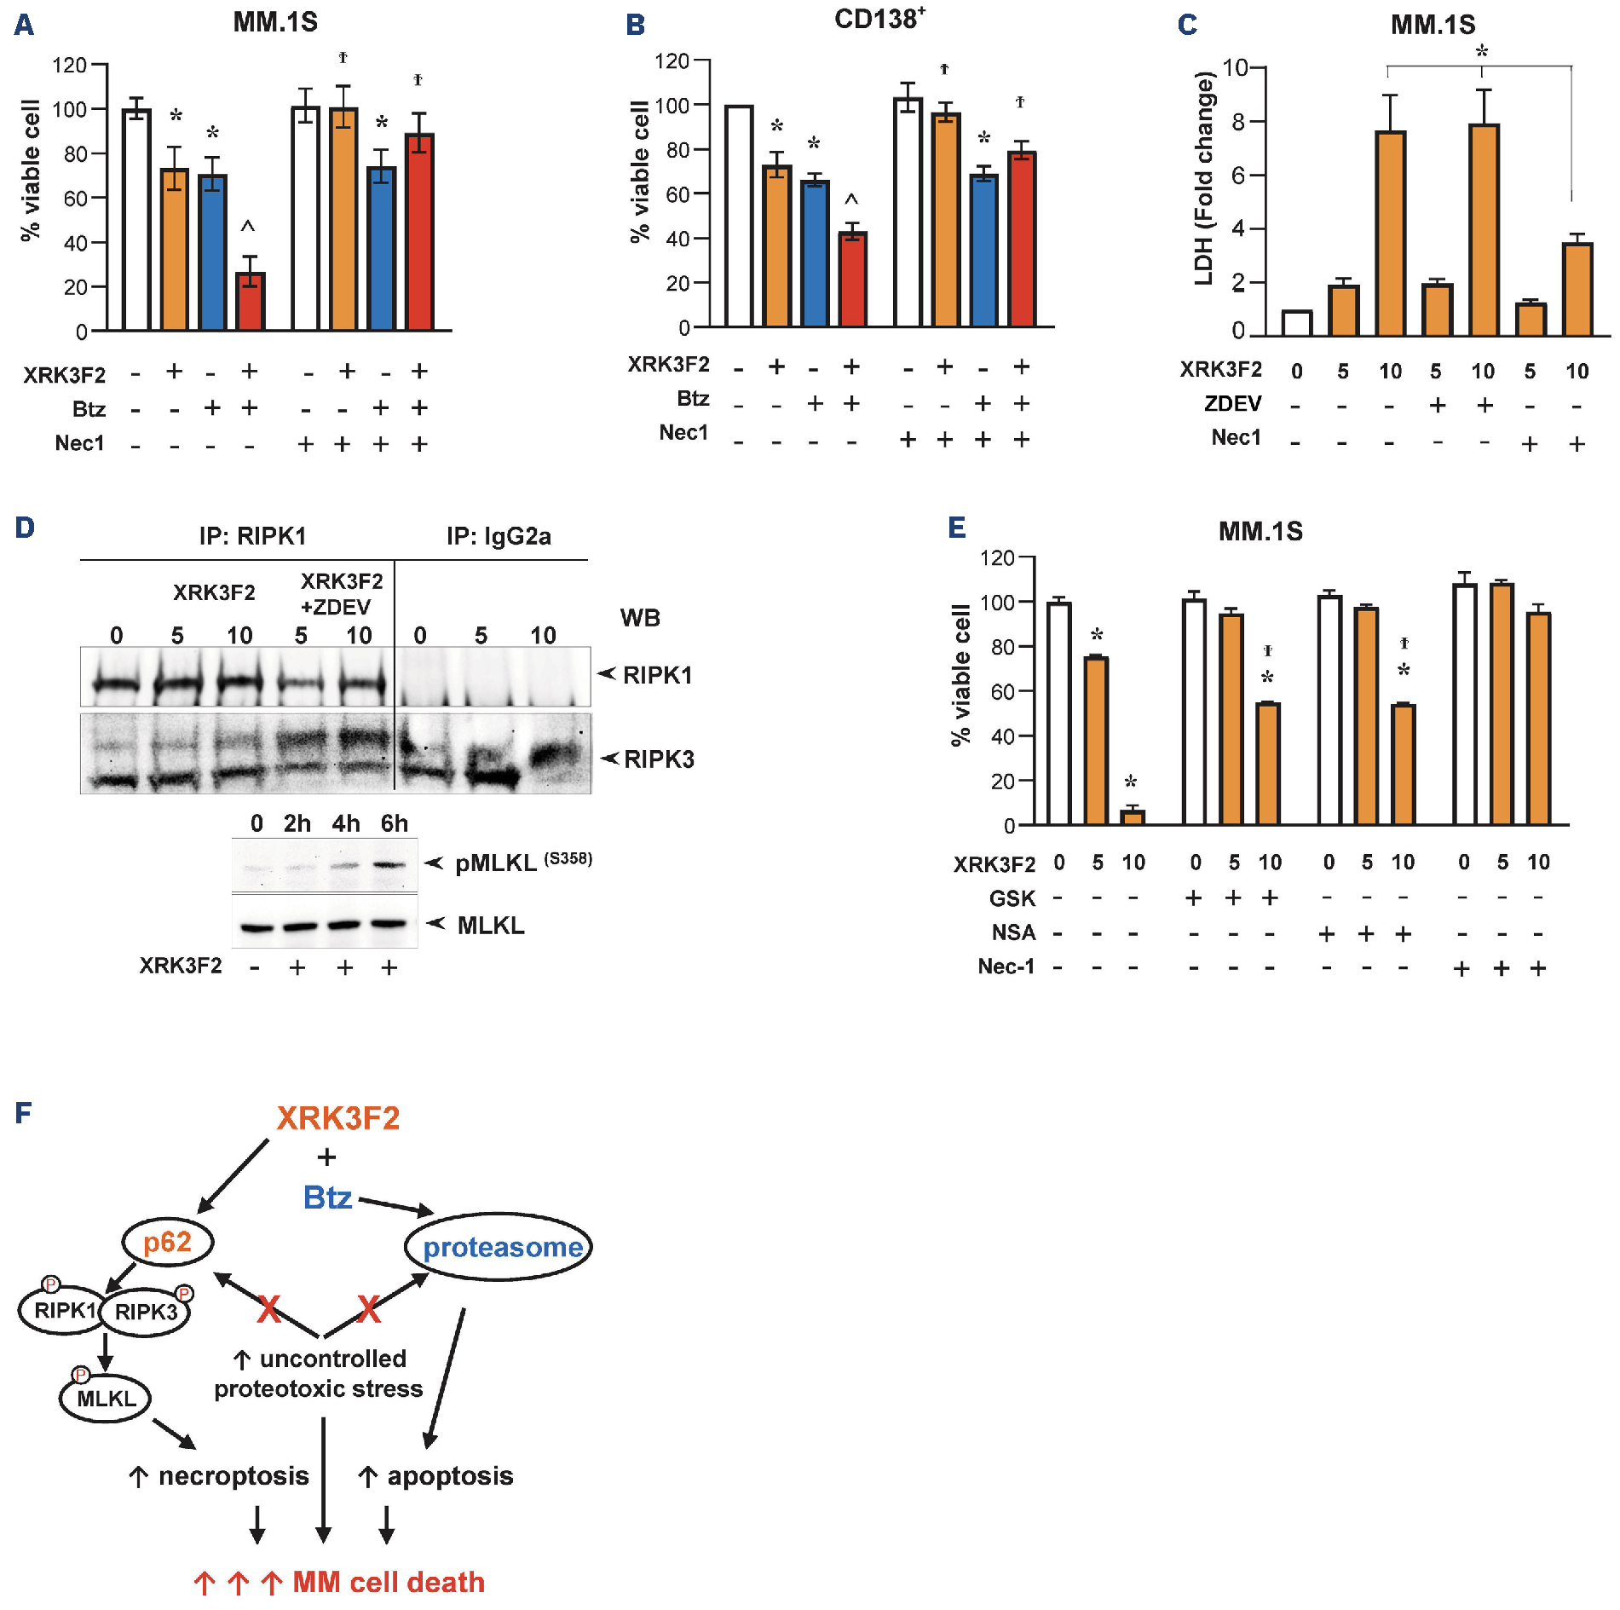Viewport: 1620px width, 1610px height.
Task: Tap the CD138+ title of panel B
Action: pyautogui.click(x=879, y=19)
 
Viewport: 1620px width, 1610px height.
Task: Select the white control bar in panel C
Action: pyautogui.click(x=1296, y=324)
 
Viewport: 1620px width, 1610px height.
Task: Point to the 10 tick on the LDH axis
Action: pyautogui.click(x=1235, y=67)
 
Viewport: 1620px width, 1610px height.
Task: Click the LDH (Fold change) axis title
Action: pyautogui.click(x=1203, y=178)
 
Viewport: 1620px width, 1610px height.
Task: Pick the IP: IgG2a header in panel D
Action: pyautogui.click(x=499, y=536)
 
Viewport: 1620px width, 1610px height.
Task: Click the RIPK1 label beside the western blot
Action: pyautogui.click(x=657, y=676)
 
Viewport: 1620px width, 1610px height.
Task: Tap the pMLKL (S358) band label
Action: pyautogui.click(x=522, y=863)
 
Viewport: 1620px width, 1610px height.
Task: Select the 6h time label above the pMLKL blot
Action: pyautogui.click(x=394, y=823)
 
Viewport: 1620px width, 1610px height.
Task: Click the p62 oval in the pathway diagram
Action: pyautogui.click(x=168, y=1242)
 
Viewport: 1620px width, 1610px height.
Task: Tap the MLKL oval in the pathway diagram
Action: pyautogui.click(x=106, y=1399)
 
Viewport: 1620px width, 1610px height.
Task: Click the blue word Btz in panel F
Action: pyautogui.click(x=327, y=1197)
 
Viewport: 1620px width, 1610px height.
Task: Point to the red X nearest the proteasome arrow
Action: pyautogui.click(x=369, y=1308)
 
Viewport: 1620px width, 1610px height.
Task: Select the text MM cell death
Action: pyautogui.click(x=389, y=1582)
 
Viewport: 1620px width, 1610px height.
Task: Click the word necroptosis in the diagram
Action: pyautogui.click(x=233, y=1475)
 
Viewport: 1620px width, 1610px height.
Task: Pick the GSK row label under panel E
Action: pyautogui.click(x=1012, y=898)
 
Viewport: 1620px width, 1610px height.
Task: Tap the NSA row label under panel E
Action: pyautogui.click(x=1013, y=932)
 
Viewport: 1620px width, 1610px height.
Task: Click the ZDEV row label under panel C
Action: pyautogui.click(x=1232, y=403)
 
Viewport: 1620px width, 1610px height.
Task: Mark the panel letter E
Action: pyautogui.click(x=957, y=528)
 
